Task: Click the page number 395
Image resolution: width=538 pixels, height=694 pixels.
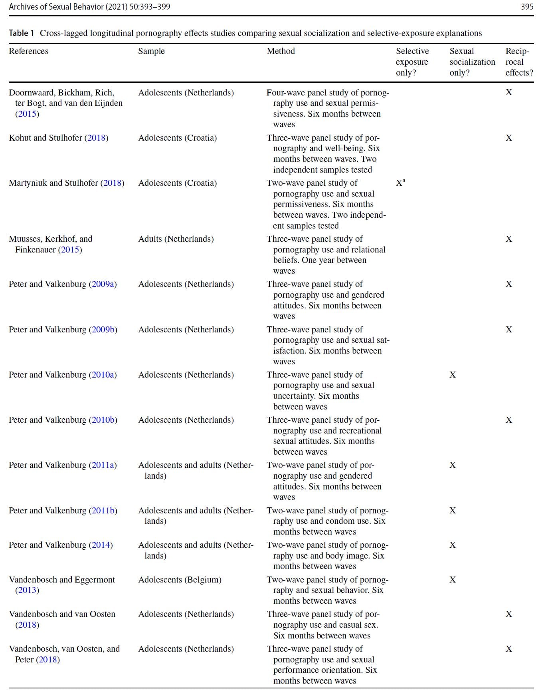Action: [x=527, y=6]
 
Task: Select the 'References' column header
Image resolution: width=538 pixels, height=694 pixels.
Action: [x=28, y=51]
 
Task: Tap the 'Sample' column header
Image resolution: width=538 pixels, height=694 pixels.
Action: [x=151, y=51]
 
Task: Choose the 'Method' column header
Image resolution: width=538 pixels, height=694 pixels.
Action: [x=281, y=51]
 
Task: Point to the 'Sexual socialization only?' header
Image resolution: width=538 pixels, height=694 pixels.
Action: [x=472, y=62]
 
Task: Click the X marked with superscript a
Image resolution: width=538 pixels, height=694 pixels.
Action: [x=400, y=183]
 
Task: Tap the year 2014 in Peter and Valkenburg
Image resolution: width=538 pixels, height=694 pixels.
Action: [x=101, y=545]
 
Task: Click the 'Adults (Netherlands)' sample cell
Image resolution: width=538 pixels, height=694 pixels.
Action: [x=176, y=239]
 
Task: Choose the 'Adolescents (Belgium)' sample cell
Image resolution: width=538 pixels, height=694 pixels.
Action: [x=180, y=580]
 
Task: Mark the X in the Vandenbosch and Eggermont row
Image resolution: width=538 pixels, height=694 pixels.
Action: [x=452, y=580]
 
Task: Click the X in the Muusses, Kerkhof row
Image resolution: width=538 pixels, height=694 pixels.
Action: [x=508, y=239]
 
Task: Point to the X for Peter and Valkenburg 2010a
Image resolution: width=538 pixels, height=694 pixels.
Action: [x=452, y=375]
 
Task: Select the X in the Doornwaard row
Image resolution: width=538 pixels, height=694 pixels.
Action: [x=508, y=92]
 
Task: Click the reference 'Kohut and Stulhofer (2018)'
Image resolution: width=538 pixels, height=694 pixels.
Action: [x=58, y=138]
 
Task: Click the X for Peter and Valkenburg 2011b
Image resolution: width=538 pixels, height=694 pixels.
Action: [x=452, y=511]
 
